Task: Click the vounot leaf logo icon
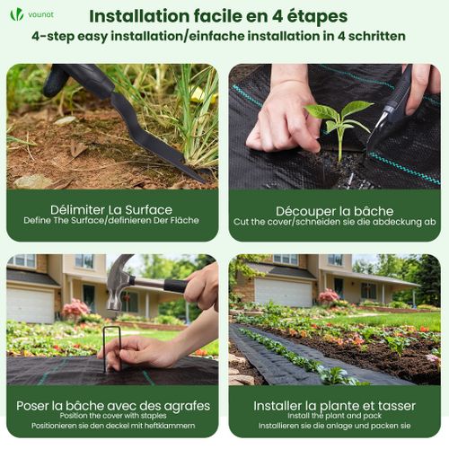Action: point(16,14)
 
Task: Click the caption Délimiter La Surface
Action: point(112,207)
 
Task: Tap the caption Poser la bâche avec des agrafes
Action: point(112,405)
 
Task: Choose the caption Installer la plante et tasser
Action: point(334,405)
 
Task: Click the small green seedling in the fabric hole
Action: point(339,121)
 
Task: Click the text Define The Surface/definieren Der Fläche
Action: point(112,221)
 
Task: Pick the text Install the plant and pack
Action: point(334,417)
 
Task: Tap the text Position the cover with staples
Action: point(112,417)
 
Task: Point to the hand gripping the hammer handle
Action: point(203,286)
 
